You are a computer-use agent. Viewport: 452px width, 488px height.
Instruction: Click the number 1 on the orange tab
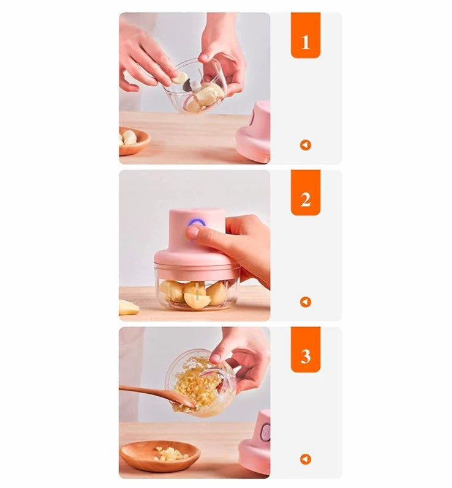point(306,42)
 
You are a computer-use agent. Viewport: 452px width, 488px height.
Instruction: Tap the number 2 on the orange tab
point(306,199)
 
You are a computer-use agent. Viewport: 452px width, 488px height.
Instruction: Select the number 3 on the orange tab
point(306,357)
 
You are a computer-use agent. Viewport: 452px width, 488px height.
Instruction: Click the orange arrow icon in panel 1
point(306,145)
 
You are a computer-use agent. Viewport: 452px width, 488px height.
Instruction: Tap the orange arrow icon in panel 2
point(306,302)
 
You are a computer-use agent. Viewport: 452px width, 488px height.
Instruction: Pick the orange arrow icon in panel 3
point(306,459)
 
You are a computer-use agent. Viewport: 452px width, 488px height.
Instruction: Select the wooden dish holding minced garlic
point(160,456)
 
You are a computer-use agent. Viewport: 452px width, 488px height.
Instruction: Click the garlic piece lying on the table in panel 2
point(129,307)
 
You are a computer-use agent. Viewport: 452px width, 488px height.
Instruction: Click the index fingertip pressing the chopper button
point(194,232)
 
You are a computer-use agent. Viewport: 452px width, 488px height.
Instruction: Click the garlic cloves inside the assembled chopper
point(194,294)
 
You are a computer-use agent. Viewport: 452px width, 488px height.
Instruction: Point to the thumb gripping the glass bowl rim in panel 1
point(208,56)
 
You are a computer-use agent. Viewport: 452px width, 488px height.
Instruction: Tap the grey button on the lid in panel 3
point(266,432)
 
